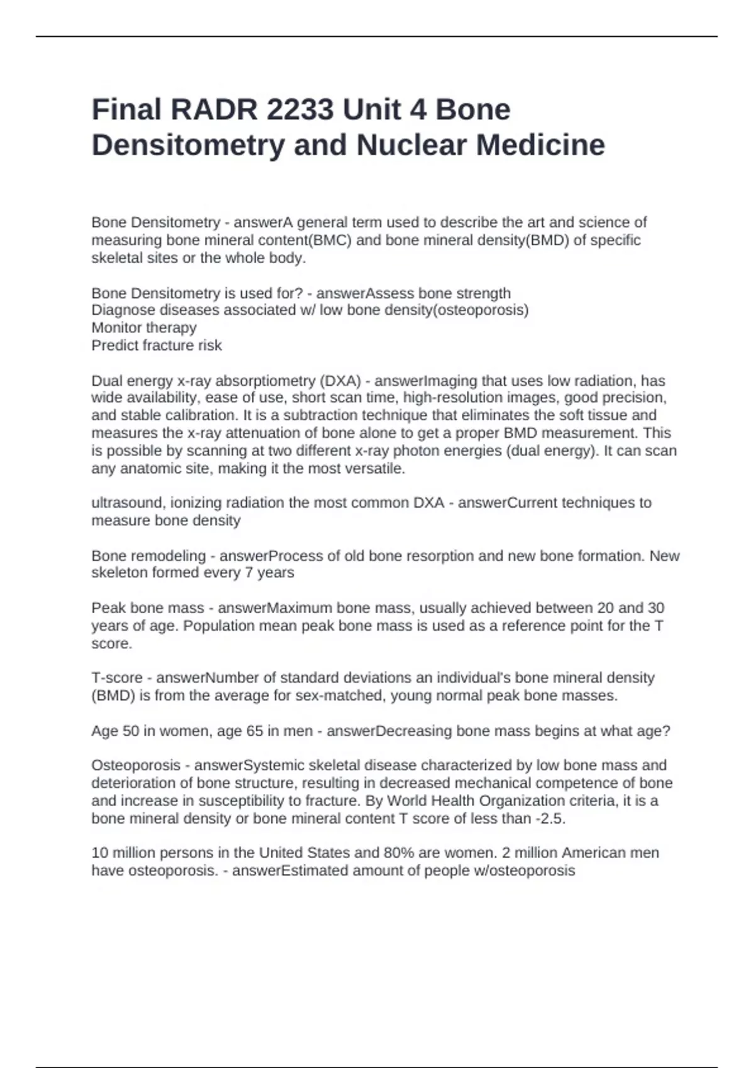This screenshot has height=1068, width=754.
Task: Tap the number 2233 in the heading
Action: [300, 110]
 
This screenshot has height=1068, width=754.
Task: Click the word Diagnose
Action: [123, 310]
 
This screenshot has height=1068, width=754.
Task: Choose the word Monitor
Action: [117, 328]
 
